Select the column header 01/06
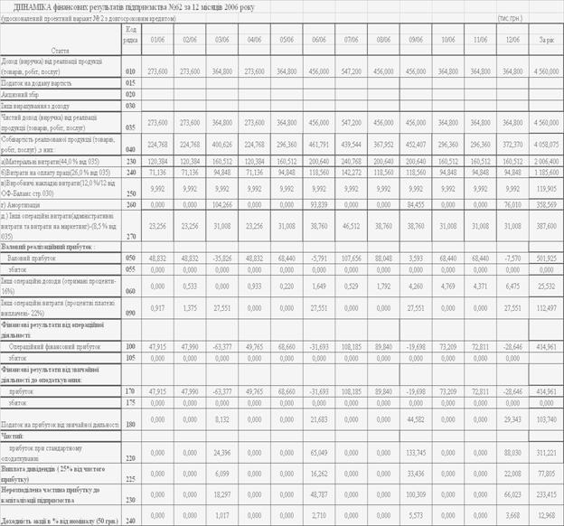tap(157, 40)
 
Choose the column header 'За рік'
tap(546, 40)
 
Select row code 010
tap(131, 70)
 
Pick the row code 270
tap(131, 236)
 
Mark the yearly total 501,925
tap(545, 258)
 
